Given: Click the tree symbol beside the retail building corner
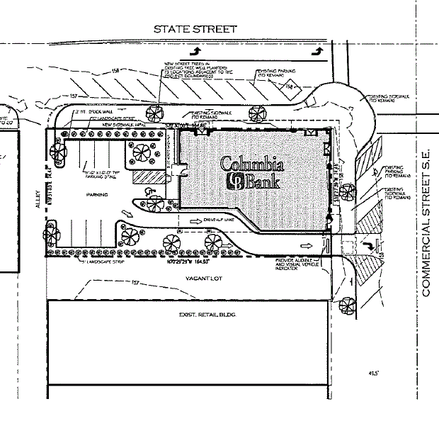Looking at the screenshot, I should point(347,306).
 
